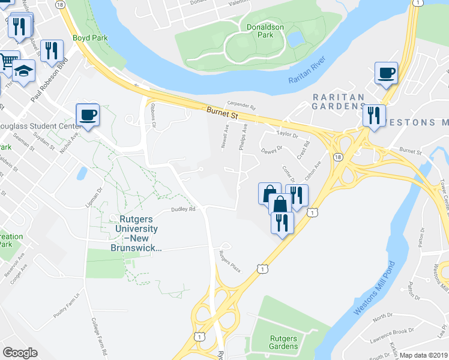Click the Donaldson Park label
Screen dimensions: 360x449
pyautogui.click(x=259, y=31)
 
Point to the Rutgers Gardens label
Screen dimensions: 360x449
pyautogui.click(x=283, y=342)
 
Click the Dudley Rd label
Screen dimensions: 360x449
pyautogui.click(x=184, y=209)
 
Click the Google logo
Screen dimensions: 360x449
pyautogui.click(x=20, y=353)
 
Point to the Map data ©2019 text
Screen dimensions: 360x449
pyautogui.click(x=424, y=355)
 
